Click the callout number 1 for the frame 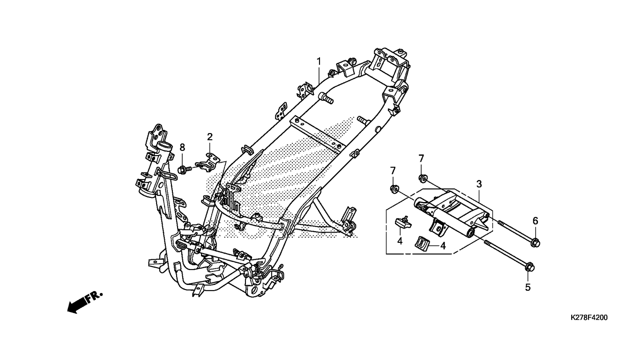(x=319, y=61)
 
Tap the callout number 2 (x=210, y=137)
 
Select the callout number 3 (x=479, y=184)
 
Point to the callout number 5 (x=528, y=287)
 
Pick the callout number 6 (x=535, y=221)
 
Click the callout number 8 (x=182, y=148)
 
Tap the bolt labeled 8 (x=185, y=169)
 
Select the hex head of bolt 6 (x=536, y=243)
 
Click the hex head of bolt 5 (x=529, y=268)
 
